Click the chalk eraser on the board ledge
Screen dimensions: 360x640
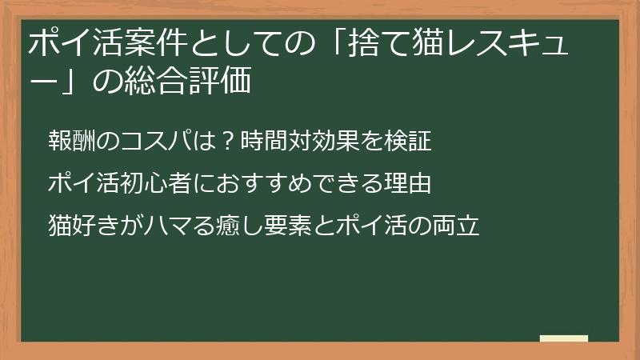(x=563, y=338)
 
